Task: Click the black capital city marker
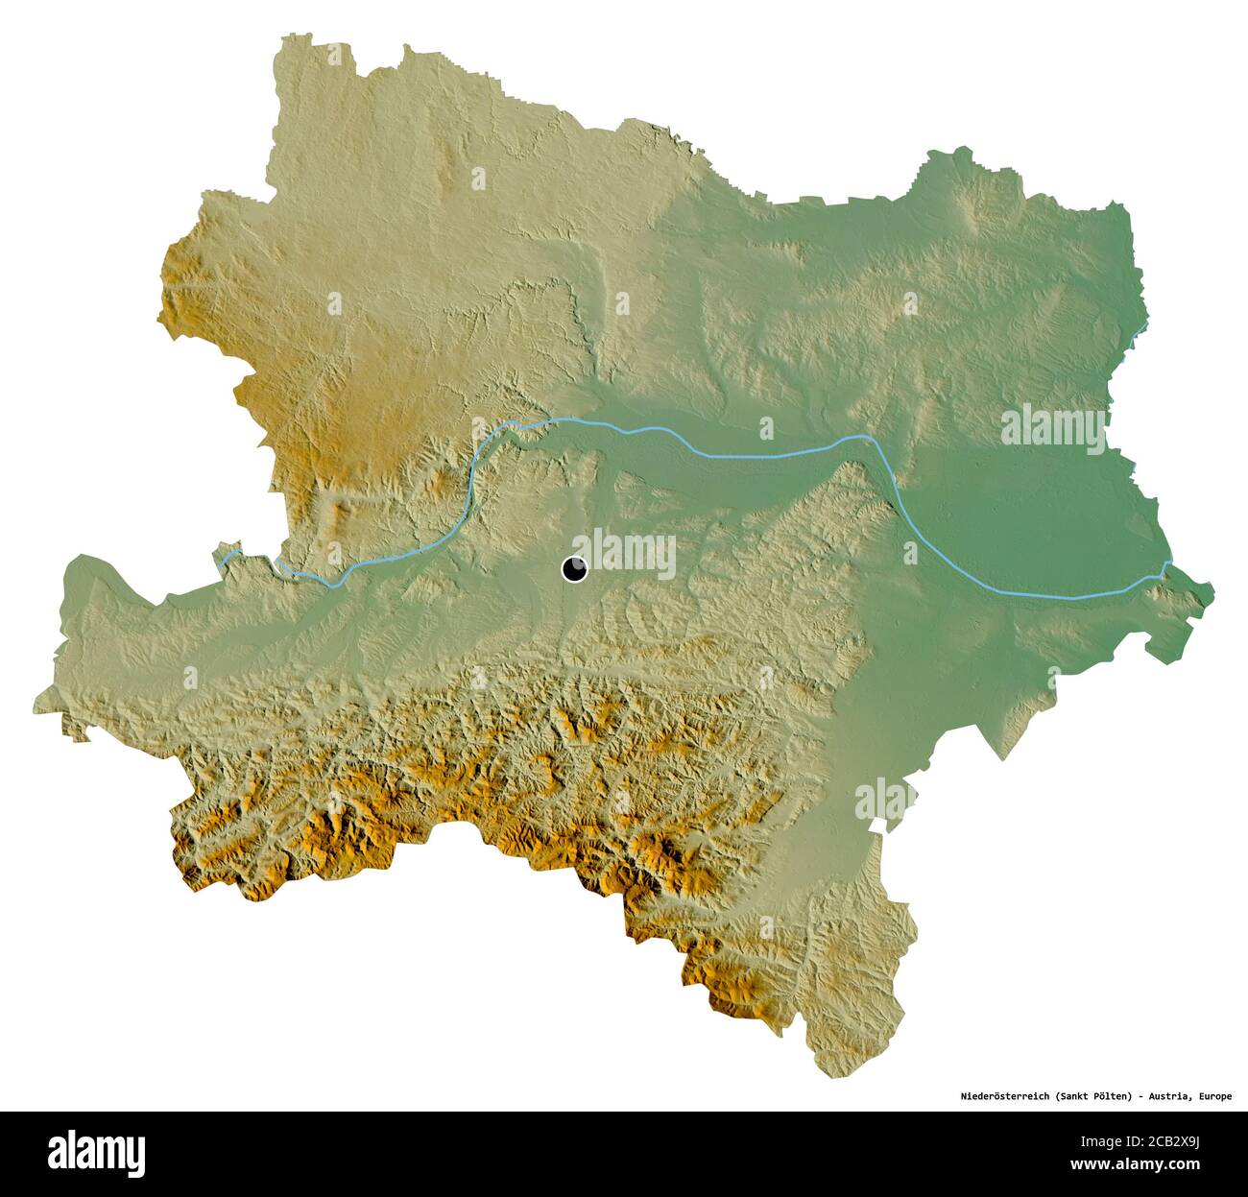pyautogui.click(x=574, y=570)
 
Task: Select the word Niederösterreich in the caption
pyautogui.click(x=1004, y=1094)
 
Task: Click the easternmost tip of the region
pyautogui.click(x=1213, y=587)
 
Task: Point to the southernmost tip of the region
pyautogui.click(x=828, y=1075)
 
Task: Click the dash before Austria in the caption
pyautogui.click(x=1145, y=1094)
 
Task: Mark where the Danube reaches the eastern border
pyautogui.click(x=1165, y=566)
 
